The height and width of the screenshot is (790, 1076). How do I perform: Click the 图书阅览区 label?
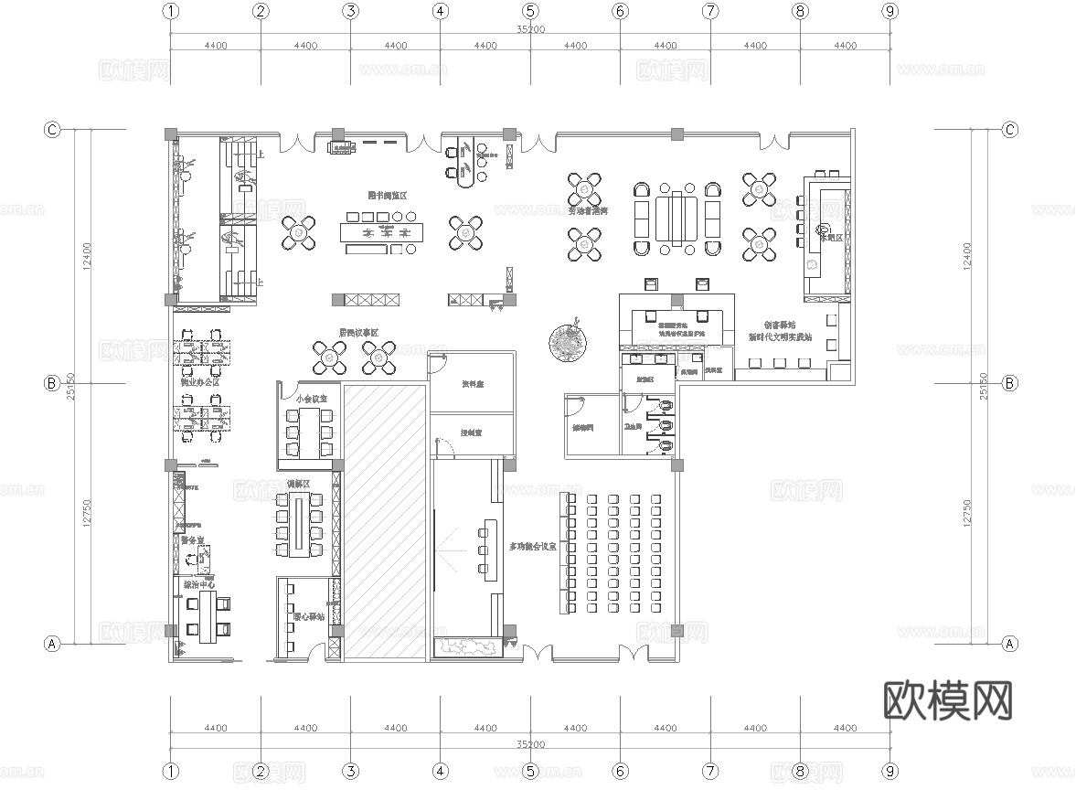pyautogui.click(x=387, y=197)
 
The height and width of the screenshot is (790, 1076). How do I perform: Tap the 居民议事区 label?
pyautogui.click(x=359, y=333)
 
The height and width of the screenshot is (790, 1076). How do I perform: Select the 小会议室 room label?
pyautogui.click(x=311, y=399)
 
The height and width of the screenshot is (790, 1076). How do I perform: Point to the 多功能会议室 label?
pyautogui.click(x=533, y=547)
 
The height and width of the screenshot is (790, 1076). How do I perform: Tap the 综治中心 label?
pyautogui.click(x=199, y=583)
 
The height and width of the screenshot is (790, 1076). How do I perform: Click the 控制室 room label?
pyautogui.click(x=472, y=432)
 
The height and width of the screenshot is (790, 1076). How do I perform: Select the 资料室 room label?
pyautogui.click(x=473, y=385)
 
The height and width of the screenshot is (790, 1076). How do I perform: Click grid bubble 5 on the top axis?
pyautogui.click(x=530, y=12)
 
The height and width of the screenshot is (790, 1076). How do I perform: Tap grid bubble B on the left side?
pyautogui.click(x=52, y=383)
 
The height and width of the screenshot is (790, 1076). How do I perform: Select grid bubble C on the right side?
pyautogui.click(x=1010, y=130)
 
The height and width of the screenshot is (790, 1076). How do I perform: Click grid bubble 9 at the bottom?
pyautogui.click(x=889, y=773)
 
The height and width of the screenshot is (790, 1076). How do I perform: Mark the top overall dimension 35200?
pyautogui.click(x=530, y=29)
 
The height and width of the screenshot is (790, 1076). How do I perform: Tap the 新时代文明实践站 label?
pyautogui.click(x=779, y=337)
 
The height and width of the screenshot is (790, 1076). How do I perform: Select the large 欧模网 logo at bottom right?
pyautogui.click(x=949, y=701)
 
